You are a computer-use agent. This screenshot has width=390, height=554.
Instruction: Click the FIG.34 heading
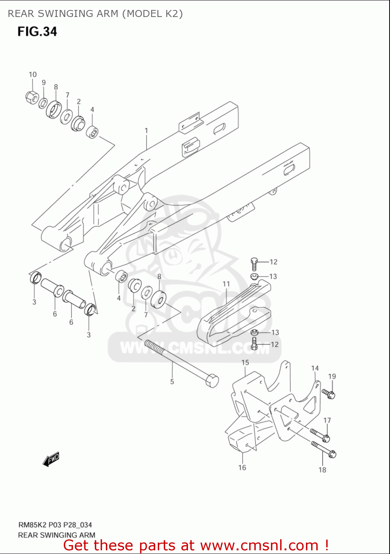coord(37,31)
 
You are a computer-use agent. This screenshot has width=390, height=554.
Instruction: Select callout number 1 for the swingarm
coord(146,131)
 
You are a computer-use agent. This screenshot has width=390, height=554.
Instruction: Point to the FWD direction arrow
coord(51,459)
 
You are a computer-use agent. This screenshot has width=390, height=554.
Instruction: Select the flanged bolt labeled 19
coord(328,394)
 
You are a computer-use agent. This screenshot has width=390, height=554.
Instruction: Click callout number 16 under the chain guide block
coord(242,468)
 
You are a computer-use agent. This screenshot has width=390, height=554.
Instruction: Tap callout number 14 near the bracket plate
coord(315,368)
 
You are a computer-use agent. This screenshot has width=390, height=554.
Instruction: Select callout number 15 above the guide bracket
coord(245,363)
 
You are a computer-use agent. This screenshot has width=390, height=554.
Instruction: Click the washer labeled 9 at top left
coord(43,103)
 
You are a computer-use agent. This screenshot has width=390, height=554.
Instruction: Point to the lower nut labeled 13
coord(254,332)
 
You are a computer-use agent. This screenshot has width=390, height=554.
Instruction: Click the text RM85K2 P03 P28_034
coord(55,525)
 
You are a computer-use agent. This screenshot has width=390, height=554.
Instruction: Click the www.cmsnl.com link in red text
coord(259,545)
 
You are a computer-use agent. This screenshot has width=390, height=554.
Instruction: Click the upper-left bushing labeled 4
coord(93,132)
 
